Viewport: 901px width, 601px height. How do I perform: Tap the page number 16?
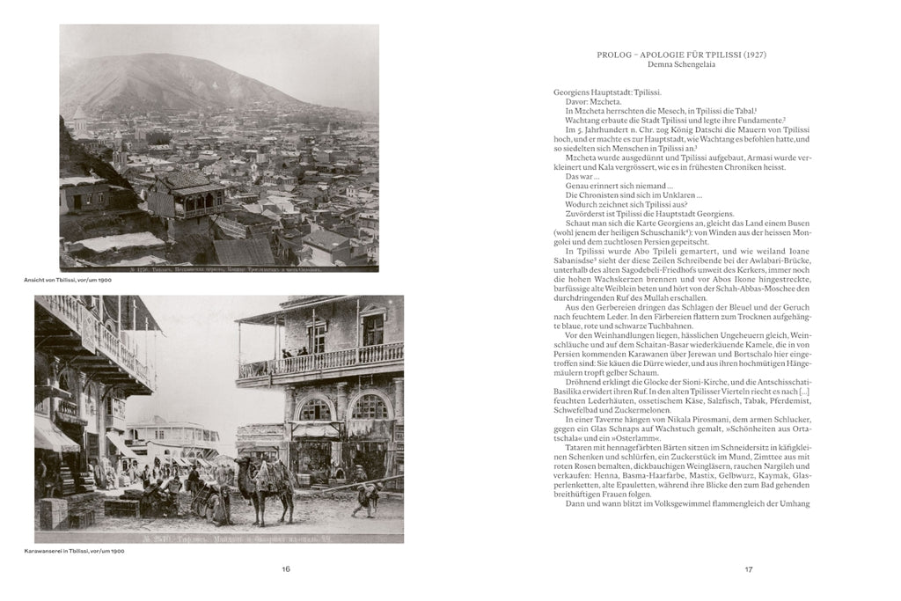[286, 569]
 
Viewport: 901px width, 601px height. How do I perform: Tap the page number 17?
[749, 569]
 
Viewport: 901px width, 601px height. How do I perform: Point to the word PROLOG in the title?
[613, 55]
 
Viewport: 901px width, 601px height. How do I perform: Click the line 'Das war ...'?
[583, 176]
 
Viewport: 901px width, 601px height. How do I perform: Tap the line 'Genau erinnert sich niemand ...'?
[612, 186]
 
